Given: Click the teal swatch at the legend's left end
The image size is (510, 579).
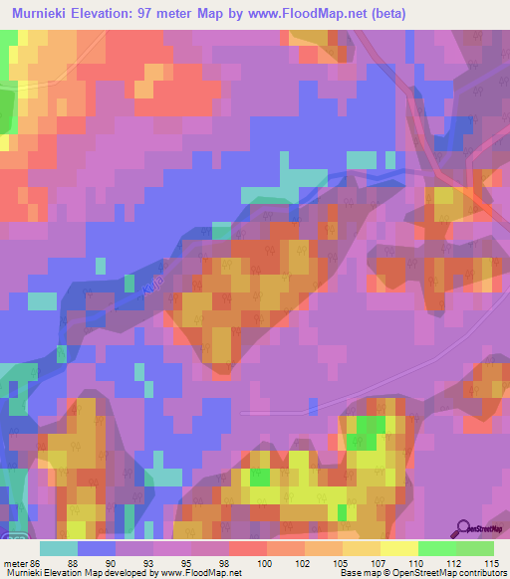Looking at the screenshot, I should coord(59,548).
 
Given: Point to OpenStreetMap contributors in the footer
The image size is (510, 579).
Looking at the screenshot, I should coord(450,573).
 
